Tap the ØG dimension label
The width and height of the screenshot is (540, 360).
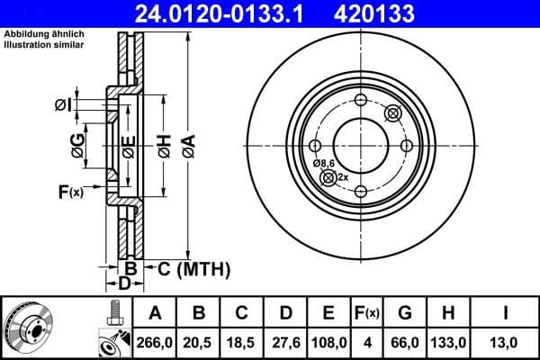78,145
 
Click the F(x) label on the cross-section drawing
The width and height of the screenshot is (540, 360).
70,191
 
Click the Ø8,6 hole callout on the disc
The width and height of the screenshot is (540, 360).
324,163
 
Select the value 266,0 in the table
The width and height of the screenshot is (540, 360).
154,342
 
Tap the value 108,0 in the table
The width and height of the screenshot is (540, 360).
328,342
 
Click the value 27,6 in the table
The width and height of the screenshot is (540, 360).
285,342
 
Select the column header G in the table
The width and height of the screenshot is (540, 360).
404,313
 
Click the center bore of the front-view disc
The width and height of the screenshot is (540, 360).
360,144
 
